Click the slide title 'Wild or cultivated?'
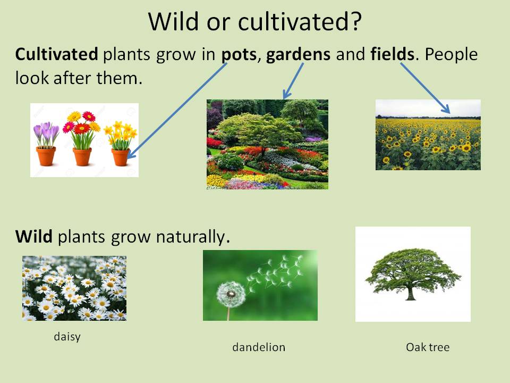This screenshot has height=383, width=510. tap(255, 22)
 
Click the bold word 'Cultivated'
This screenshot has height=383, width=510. tap(56, 54)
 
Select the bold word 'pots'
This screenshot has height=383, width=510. tap(239, 54)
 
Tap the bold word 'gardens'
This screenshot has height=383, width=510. tap(298, 54)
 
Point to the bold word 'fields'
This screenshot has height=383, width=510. tap(392, 54)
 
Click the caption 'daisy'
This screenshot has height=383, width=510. tap(67, 337)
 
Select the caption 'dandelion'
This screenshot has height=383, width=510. tap(259, 347)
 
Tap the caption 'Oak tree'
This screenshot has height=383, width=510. tap(428, 347)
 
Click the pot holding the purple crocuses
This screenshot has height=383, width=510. tap(46, 156)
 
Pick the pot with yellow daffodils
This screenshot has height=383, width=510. tap(121, 157)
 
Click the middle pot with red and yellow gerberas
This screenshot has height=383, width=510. tap(82, 156)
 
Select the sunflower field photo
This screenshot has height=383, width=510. tap(428, 135)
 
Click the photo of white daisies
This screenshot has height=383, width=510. tap(74, 288)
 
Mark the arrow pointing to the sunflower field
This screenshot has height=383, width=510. tap(425, 88)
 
